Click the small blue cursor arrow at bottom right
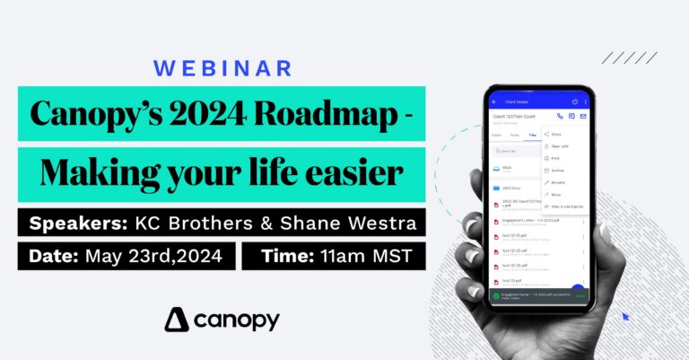click(625, 316)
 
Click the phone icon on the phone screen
click(561, 116)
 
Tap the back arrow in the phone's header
click(496, 101)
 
